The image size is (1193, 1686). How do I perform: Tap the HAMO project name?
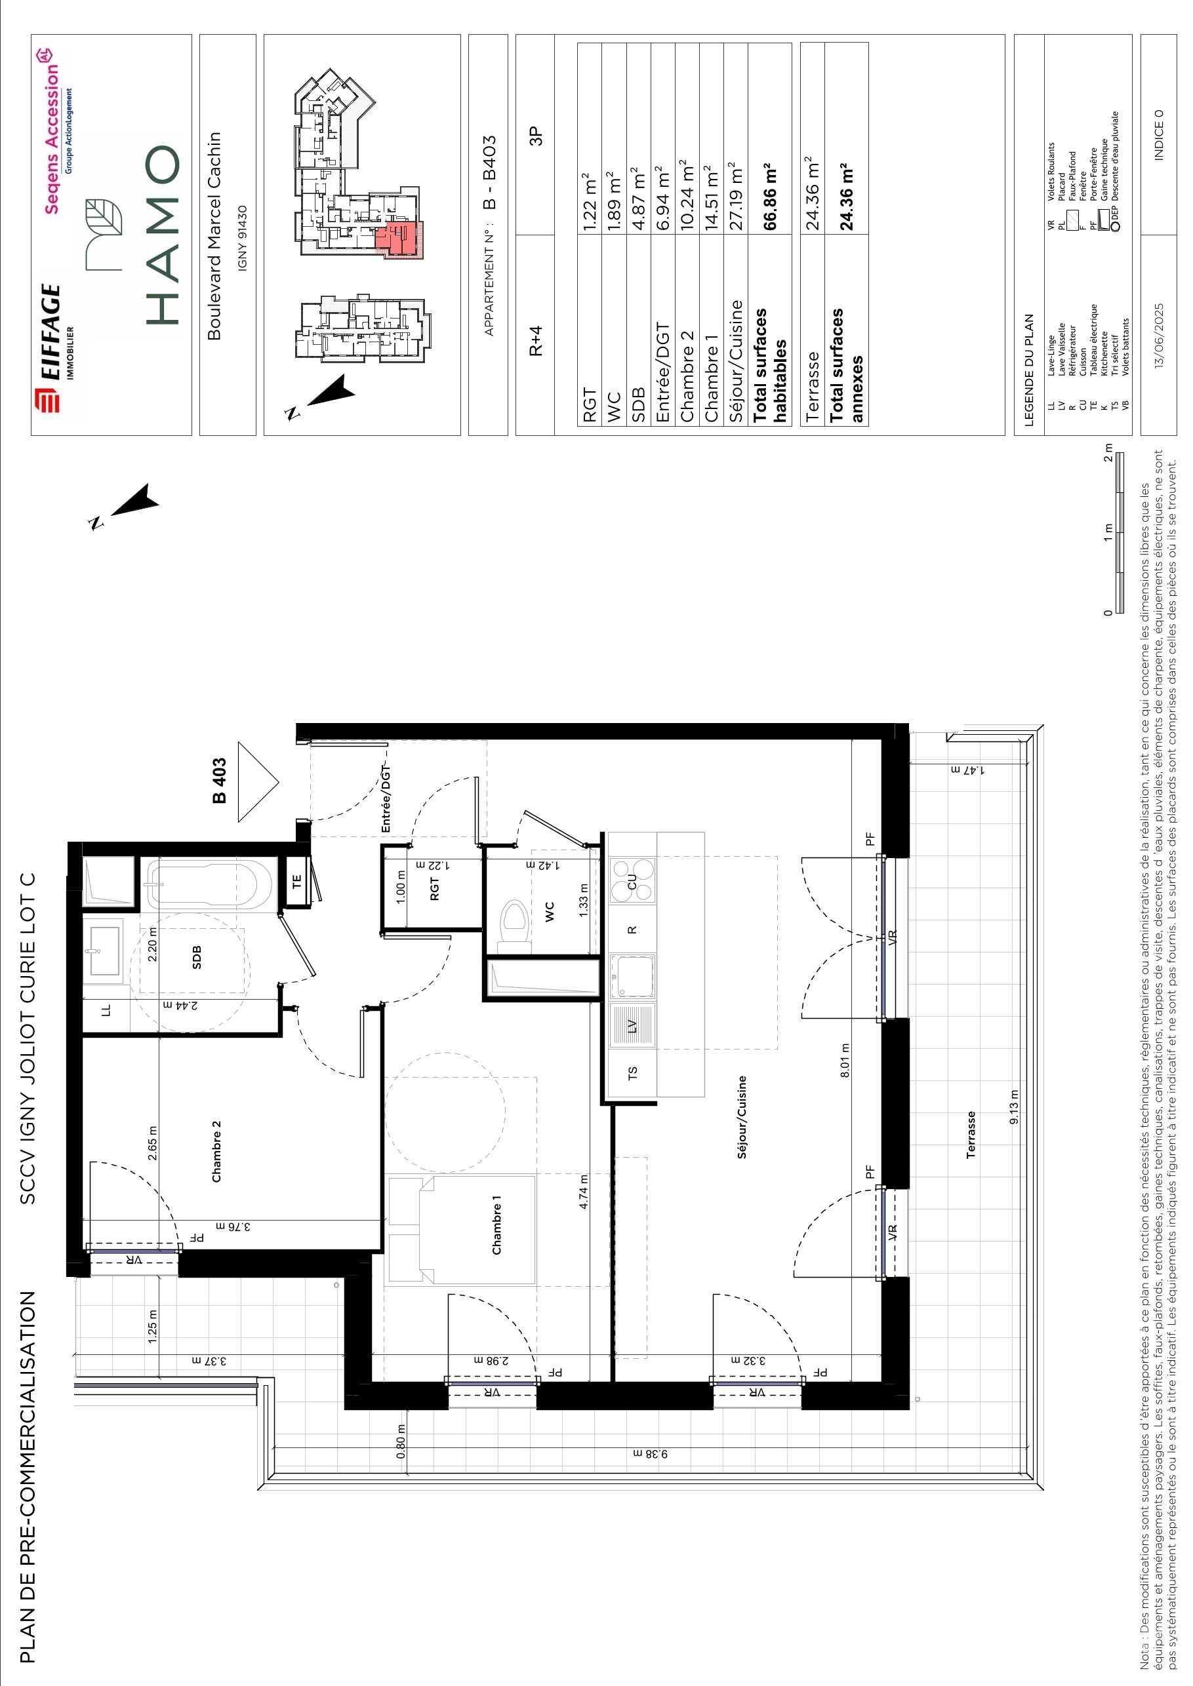click(163, 234)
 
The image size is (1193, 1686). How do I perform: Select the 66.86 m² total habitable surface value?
click(771, 195)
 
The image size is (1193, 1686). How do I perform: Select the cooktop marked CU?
click(632, 880)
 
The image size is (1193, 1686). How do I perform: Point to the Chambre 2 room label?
click(216, 1150)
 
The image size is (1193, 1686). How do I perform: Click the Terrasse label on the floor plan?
click(971, 1135)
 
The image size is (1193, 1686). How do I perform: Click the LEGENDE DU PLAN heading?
click(1028, 371)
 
